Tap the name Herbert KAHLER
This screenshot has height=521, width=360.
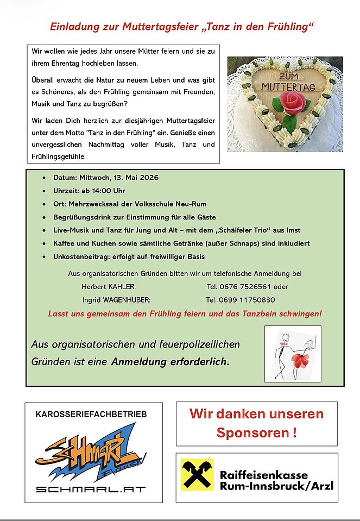click(x=109, y=286)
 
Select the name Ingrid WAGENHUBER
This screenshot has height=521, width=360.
click(x=116, y=299)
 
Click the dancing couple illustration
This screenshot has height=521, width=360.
click(x=293, y=354)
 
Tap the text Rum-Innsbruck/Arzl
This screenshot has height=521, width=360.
click(x=277, y=486)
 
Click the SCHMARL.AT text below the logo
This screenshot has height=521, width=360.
click(x=91, y=488)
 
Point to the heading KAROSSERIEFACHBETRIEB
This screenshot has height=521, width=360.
click(x=91, y=415)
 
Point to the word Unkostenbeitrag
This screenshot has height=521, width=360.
click(x=80, y=256)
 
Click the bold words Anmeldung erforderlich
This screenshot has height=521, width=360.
click(x=170, y=361)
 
